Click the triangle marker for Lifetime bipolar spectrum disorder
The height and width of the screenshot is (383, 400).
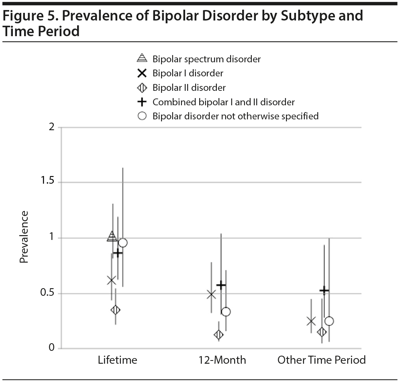[112, 236]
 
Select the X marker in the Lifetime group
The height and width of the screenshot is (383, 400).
[112, 280]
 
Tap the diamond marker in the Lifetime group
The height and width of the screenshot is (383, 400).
[116, 310]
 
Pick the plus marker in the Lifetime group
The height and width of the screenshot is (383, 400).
[118, 253]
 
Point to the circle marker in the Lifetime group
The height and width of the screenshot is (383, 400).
[123, 243]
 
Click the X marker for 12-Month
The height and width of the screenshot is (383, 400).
[211, 295]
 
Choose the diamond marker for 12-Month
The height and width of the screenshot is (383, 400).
[219, 334]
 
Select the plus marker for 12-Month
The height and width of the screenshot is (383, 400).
[221, 285]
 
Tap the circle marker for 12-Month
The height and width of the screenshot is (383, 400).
[226, 311]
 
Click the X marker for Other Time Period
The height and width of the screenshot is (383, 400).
[311, 321]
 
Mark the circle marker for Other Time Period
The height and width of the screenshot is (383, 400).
[329, 321]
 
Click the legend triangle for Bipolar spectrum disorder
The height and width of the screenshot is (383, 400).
[142, 58]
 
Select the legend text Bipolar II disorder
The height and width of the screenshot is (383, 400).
[189, 88]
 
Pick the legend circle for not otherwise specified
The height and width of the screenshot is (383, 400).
[142, 116]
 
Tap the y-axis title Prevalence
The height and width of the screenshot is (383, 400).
[24, 237]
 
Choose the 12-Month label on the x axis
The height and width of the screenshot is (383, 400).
[222, 360]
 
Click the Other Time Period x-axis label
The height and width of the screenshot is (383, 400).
[321, 360]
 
